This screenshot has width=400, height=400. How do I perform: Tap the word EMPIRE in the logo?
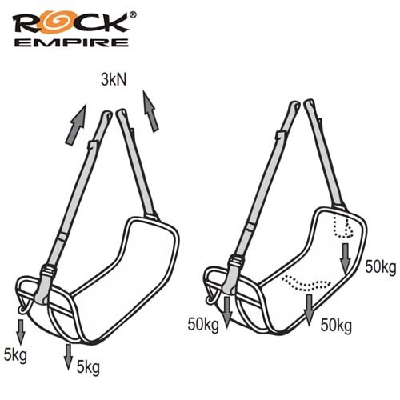coord(71,42)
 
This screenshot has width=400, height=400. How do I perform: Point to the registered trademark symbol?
coord(133,15)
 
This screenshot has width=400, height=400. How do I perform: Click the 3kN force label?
coord(114,79)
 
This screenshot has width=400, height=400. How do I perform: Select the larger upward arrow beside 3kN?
coord(76,125)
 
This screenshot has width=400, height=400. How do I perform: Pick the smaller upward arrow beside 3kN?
coord(150,110)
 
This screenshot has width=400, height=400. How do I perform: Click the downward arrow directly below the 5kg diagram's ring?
coord(21,332)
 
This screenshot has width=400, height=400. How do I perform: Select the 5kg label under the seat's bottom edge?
coord(88,368)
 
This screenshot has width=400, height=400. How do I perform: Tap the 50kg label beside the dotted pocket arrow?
coord(381,267)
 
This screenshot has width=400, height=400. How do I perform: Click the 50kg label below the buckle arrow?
coord(203,325)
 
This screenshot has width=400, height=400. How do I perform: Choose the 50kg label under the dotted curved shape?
coord(336,326)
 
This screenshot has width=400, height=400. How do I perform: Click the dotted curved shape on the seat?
coord(306,283)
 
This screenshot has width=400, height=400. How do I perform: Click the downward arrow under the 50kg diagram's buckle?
coord(227,312)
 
